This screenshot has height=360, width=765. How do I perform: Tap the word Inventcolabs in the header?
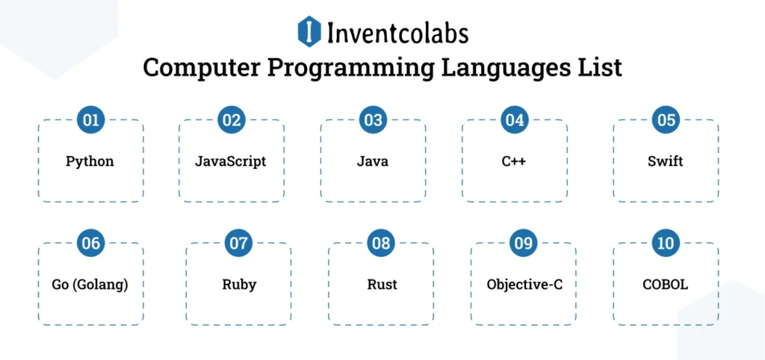click(x=397, y=33)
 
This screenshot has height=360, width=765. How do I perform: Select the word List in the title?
click(x=598, y=68)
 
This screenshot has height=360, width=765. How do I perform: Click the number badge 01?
click(x=90, y=120)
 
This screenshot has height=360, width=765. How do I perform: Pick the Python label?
click(x=90, y=161)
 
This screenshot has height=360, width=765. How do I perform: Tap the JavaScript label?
click(x=230, y=161)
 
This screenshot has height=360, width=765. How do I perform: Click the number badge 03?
click(x=372, y=120)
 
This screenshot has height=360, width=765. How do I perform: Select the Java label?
click(x=372, y=161)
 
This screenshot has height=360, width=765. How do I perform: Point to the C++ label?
click(x=513, y=161)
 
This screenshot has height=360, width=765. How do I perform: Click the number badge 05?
click(x=665, y=120)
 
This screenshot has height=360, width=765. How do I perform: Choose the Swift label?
click(x=665, y=161)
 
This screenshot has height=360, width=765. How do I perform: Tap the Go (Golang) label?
click(x=90, y=285)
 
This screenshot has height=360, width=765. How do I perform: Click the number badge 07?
click(x=238, y=243)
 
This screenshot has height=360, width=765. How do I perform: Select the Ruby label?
click(x=238, y=285)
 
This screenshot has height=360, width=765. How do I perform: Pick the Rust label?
click(x=382, y=285)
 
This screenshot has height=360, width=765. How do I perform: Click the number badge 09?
click(x=523, y=243)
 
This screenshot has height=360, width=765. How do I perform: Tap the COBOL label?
click(x=665, y=285)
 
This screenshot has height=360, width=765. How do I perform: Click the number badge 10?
click(x=665, y=243)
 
